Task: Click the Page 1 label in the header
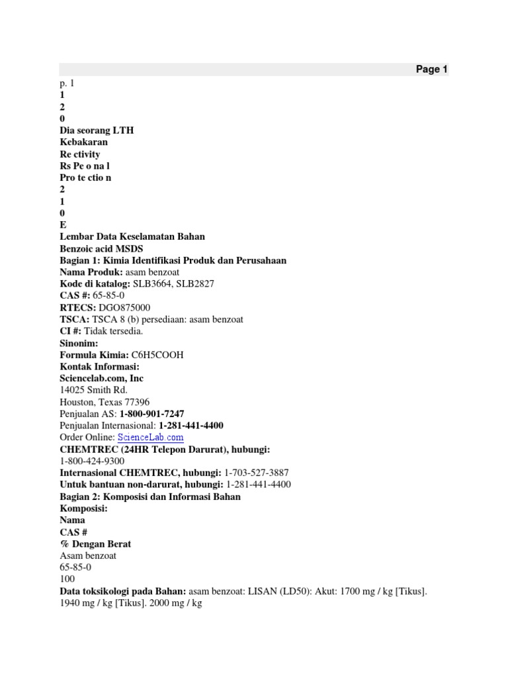point(431,70)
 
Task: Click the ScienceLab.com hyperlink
point(150,438)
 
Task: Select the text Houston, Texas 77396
point(104,402)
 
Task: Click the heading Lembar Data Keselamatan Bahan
point(132,236)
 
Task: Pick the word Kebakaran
point(83,142)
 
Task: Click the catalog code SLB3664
point(151,283)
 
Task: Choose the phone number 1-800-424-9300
point(92,461)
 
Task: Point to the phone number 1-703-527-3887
point(257,473)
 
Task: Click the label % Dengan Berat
point(95,544)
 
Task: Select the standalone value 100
point(67,579)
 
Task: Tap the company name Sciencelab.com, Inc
point(101,378)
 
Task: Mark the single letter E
point(62,224)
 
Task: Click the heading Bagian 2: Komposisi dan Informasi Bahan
point(149,497)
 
